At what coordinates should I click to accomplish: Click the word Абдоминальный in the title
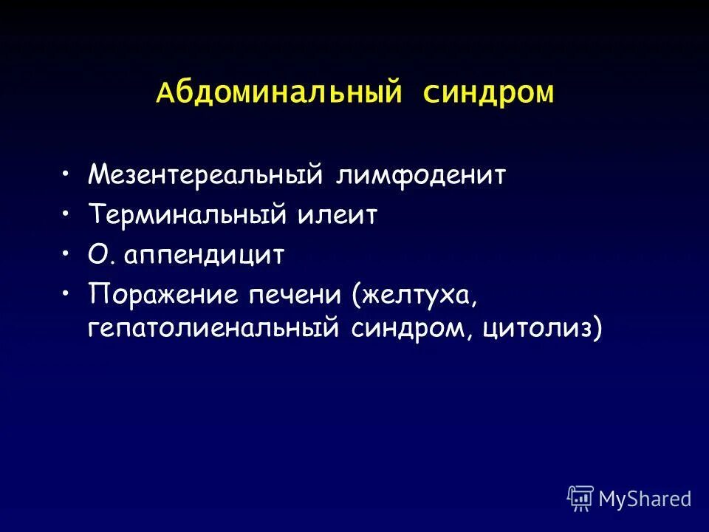coord(278,94)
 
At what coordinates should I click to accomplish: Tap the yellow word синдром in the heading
coord(488,94)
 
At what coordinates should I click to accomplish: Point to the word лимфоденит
coord(421,175)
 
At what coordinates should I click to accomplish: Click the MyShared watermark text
coord(645,499)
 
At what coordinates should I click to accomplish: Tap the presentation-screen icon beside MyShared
coord(580,499)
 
